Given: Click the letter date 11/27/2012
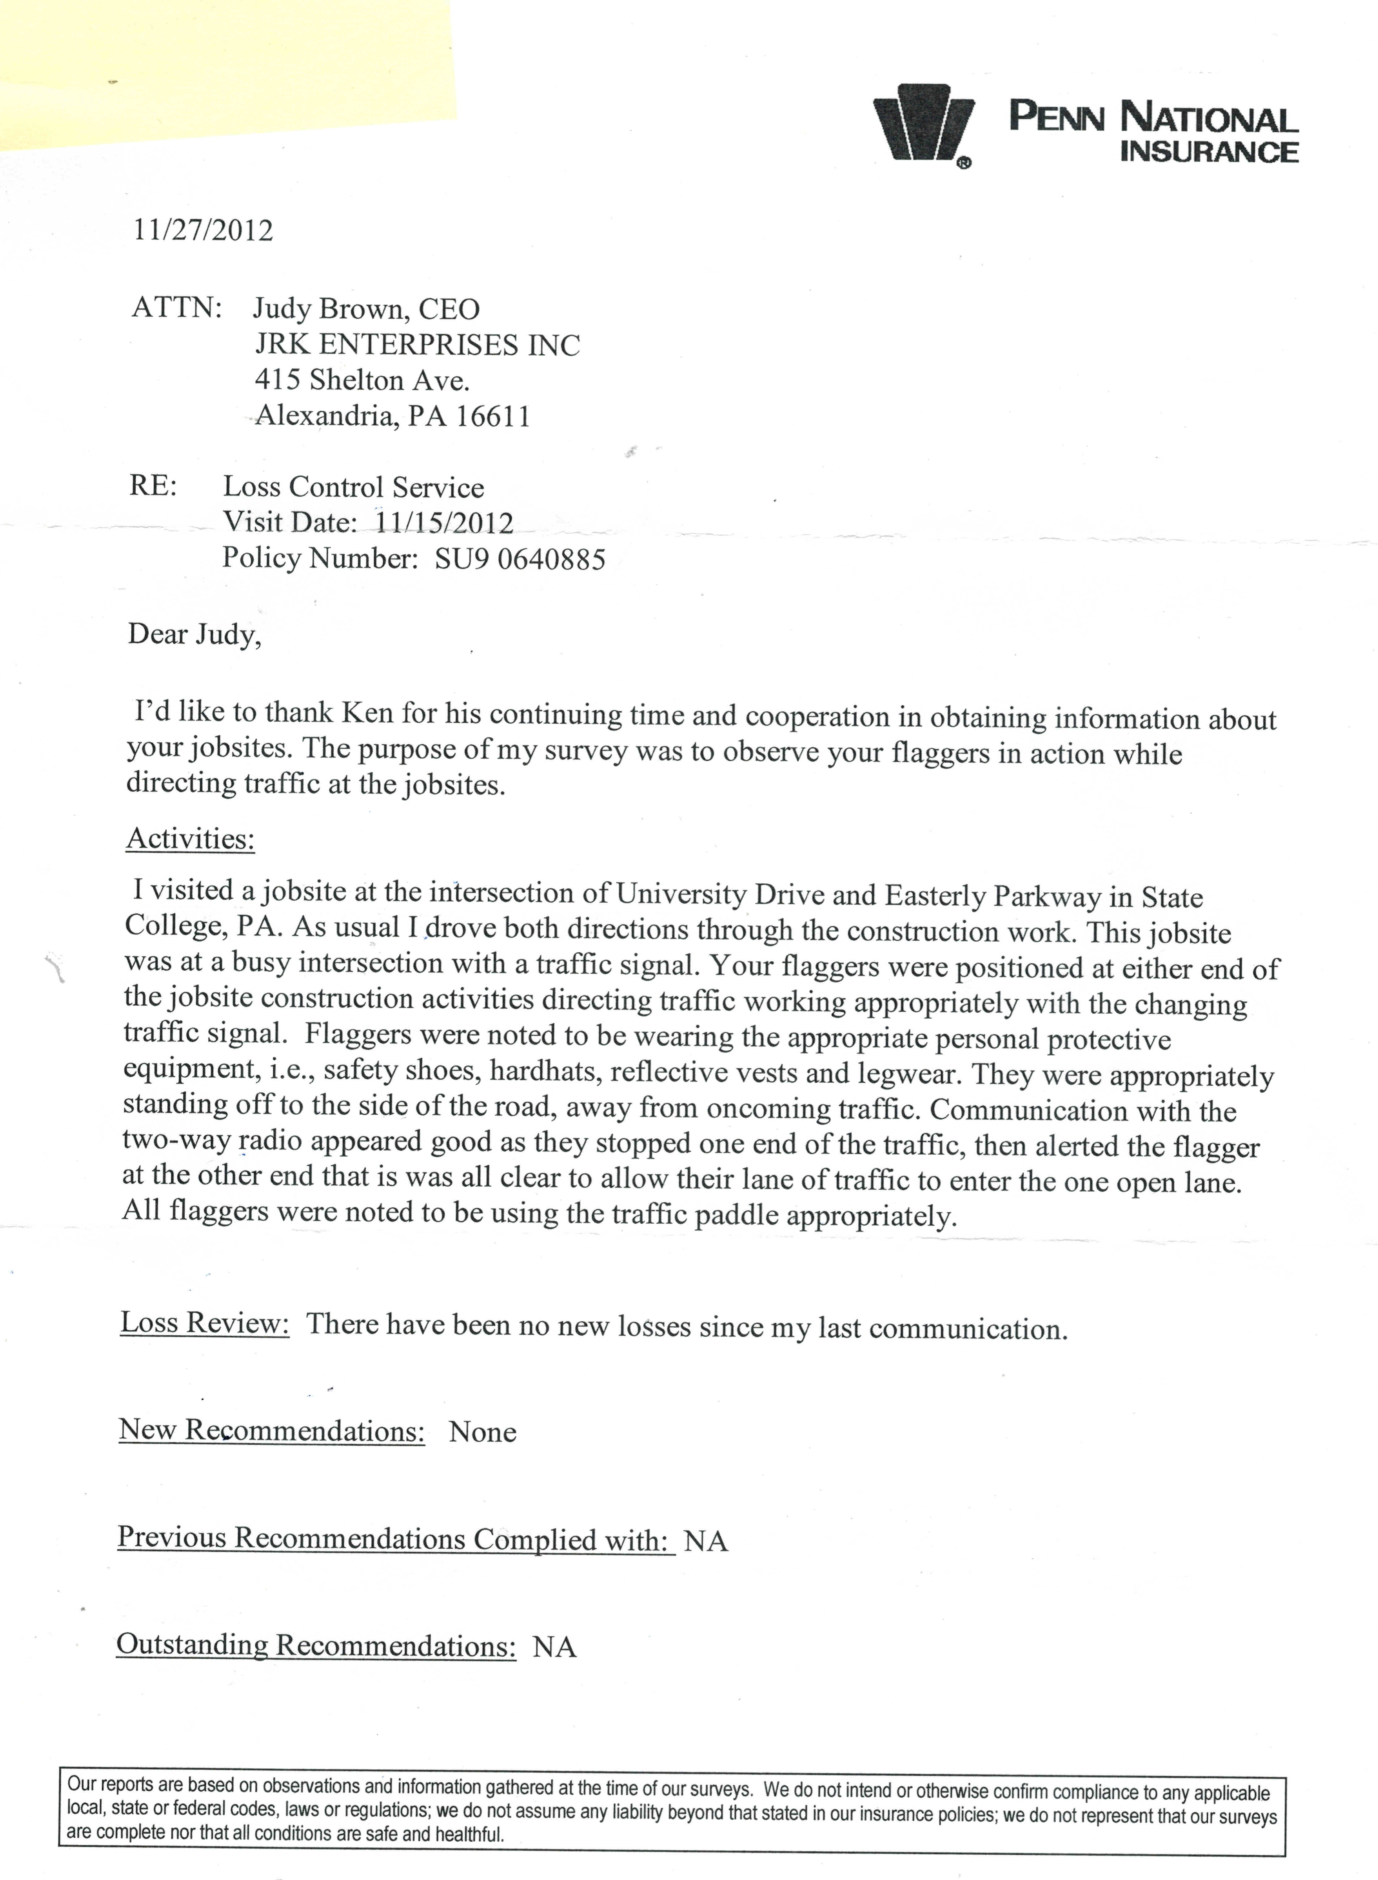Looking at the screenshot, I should point(203,230).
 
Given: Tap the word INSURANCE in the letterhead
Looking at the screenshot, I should point(1209,152).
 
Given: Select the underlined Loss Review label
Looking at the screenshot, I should point(205,1323).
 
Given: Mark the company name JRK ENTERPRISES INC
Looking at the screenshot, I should point(417,344).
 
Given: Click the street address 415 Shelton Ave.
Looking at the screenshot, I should point(362,380).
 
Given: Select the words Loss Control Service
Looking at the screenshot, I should point(353,487).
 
